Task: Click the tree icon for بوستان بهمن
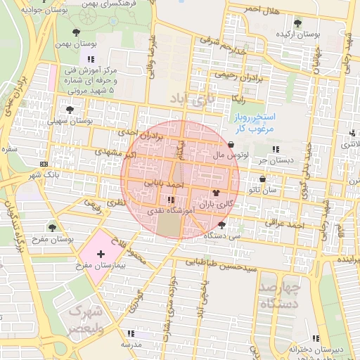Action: point(76,32)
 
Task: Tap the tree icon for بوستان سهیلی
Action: point(69,109)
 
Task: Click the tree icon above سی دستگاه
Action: point(222,225)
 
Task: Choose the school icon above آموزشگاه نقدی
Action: point(171,200)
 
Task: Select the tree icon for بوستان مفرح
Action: point(52,227)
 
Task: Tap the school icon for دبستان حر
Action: point(275,148)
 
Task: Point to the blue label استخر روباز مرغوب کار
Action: point(255,122)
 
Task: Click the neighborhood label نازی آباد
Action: point(188,101)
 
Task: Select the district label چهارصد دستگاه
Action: point(280,295)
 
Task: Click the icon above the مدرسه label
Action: point(129,333)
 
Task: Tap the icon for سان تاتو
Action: point(262,178)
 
